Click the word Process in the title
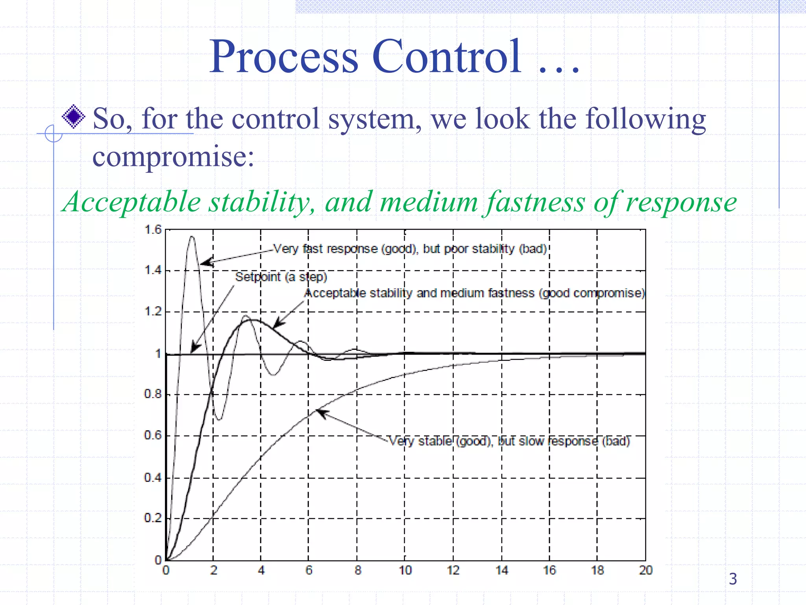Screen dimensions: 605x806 click(x=283, y=57)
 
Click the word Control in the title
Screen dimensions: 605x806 click(x=447, y=57)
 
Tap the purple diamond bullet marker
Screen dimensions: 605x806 click(x=74, y=117)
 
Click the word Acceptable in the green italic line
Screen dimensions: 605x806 click(x=132, y=202)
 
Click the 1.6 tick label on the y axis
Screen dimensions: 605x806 click(x=153, y=230)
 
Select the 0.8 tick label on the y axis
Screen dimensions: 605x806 click(x=153, y=394)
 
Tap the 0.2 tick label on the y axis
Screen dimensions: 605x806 click(x=153, y=518)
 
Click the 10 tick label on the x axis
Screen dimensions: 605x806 click(x=405, y=570)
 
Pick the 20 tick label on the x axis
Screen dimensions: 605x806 click(x=645, y=570)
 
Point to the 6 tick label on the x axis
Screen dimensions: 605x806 click(x=309, y=570)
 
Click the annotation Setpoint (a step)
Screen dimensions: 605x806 click(x=281, y=277)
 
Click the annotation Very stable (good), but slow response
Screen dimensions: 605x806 click(x=509, y=441)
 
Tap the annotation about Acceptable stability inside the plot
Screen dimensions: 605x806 click(x=475, y=293)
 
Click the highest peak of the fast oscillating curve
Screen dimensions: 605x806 click(x=192, y=237)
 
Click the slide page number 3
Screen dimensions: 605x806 click(x=733, y=579)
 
